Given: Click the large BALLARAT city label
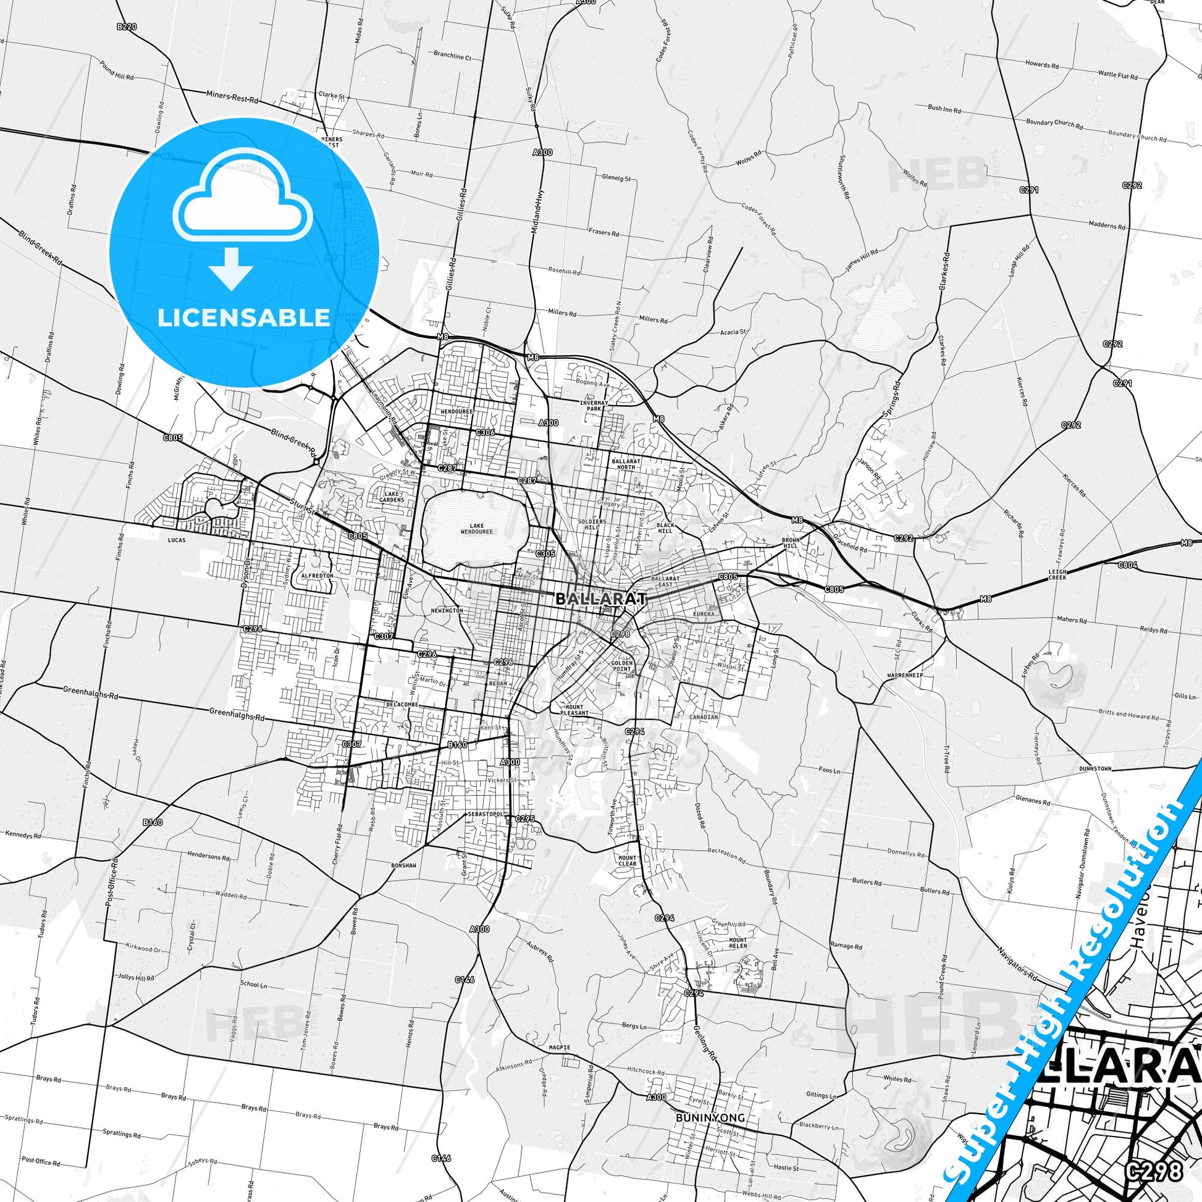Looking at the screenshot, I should pos(600,599).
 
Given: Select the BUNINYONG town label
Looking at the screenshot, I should pos(710,1100).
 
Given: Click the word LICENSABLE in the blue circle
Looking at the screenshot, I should pos(243,317).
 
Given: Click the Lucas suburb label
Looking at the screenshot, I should pos(177,540).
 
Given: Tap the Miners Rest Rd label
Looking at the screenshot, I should pos(232,97).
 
